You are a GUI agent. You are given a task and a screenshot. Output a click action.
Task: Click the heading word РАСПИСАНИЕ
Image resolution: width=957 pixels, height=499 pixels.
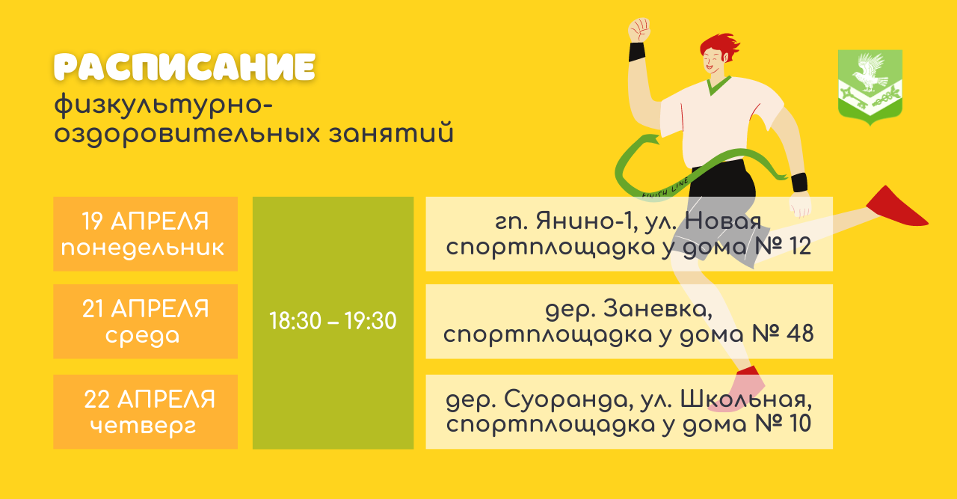pos(185,67)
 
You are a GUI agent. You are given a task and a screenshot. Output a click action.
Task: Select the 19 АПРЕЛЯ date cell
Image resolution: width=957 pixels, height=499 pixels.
pos(145,233)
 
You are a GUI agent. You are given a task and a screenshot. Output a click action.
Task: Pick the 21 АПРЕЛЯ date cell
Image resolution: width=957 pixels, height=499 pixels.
pos(145,321)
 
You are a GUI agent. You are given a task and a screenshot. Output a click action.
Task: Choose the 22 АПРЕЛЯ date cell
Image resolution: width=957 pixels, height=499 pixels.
pos(145,411)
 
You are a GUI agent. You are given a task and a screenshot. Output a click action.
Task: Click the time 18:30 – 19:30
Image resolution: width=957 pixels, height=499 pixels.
pos(333,321)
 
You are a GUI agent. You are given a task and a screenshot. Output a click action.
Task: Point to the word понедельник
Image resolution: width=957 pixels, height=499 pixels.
pos(143,248)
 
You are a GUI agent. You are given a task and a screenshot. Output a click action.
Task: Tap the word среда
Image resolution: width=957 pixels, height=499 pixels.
pos(143,336)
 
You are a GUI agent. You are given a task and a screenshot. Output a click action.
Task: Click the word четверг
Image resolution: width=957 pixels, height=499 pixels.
pos(143,426)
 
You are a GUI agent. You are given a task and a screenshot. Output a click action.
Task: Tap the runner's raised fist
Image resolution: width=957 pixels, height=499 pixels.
pos(639,30)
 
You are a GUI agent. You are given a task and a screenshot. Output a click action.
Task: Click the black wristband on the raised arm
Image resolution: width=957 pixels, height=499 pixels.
pos(637,52)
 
